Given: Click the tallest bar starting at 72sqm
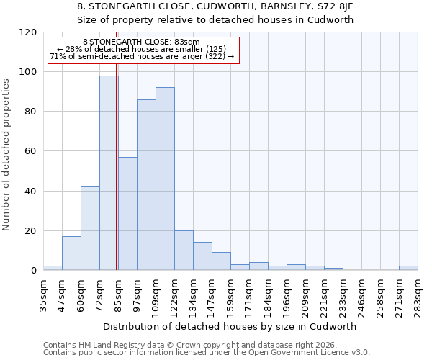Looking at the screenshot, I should coord(109,173).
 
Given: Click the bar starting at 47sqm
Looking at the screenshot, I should coord(71,253).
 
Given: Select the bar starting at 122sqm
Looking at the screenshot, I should coord(184,250).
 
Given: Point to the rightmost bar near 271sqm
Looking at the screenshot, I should coord(408,268).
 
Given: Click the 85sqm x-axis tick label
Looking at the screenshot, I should coord(118,293).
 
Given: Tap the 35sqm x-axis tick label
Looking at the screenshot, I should coord(43,293).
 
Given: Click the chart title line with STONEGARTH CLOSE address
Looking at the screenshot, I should coord(215,6).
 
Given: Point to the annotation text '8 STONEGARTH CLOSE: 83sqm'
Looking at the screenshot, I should coord(141,42).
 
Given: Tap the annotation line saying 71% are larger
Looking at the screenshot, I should coord(142,56).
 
